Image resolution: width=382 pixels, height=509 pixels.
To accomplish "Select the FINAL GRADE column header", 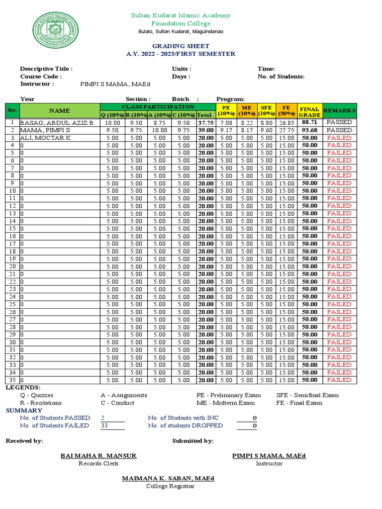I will pos(309,111).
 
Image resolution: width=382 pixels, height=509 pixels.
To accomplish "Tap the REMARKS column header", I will pos(339,110).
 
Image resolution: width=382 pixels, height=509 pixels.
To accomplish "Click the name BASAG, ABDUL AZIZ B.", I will pos(57,122).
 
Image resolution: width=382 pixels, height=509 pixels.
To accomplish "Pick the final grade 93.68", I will pos(309,130).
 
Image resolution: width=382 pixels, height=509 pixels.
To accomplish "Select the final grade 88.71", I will pos(309,122).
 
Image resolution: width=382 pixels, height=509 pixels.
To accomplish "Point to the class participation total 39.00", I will pos(205,130).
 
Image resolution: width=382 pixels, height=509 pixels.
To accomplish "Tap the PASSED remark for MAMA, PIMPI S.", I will pos(339,130).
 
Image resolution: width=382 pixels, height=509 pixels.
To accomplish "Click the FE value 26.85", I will pos(286,122).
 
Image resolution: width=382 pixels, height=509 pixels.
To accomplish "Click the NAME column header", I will pos(59,111).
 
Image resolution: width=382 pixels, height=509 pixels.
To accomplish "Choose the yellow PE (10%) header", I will pos(226,110).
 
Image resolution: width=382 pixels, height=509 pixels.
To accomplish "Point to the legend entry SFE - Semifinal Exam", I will pos(307,395).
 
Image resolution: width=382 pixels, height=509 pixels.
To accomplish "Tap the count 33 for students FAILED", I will pos(103,425).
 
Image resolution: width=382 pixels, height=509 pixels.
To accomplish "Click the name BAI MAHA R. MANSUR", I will pos(98,456).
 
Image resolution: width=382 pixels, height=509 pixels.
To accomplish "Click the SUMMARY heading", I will pos(24,411).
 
